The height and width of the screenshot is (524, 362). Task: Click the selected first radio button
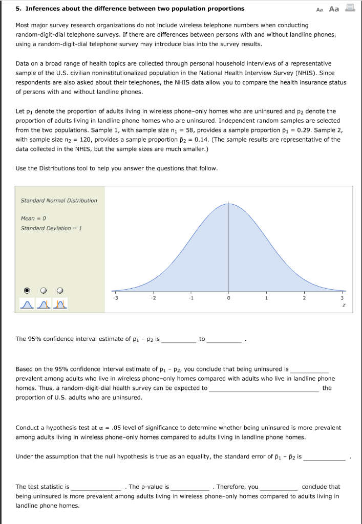tap(27, 290)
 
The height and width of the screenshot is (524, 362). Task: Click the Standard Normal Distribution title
tap(58, 200)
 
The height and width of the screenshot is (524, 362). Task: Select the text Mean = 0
tap(33, 218)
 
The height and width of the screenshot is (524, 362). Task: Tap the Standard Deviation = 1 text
tap(51, 228)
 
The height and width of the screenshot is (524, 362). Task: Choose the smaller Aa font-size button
tap(320, 9)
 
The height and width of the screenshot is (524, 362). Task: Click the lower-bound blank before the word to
tap(178, 339)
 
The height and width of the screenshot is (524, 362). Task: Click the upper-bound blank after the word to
tap(224, 339)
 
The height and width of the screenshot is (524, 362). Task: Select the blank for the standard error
tap(325, 457)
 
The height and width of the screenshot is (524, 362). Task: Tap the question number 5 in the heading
tap(18, 9)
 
